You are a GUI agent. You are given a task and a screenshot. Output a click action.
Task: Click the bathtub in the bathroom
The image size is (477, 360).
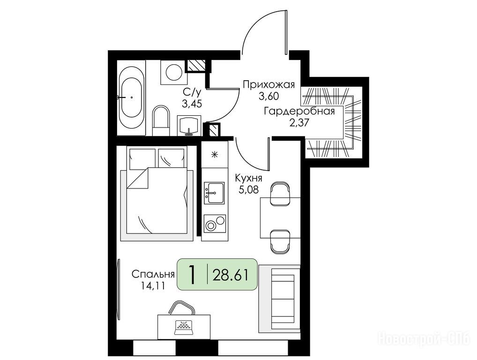click(131, 101)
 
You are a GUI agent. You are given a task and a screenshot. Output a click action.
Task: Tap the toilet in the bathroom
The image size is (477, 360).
click(161, 120)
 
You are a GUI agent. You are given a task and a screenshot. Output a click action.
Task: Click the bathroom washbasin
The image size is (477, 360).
click(189, 125)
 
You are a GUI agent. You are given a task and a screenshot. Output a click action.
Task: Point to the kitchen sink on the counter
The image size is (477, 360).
click(214, 193)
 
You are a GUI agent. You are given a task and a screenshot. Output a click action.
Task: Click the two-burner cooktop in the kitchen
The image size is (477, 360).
click(215, 224)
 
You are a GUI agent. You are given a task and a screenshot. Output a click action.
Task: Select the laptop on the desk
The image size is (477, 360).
click(184, 328)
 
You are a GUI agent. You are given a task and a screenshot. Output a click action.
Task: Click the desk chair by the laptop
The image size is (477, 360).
click(182, 307)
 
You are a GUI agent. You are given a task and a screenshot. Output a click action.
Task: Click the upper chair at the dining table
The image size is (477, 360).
click(281, 194)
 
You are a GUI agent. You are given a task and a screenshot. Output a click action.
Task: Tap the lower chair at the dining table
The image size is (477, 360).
click(281, 241)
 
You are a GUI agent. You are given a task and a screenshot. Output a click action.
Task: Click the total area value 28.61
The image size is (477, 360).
click(230, 275)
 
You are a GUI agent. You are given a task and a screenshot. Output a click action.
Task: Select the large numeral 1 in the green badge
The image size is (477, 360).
click(192, 274)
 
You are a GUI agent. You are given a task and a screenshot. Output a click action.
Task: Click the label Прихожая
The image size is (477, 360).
click(269, 84)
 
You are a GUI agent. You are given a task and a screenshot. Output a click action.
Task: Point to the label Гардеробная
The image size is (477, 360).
click(299, 112)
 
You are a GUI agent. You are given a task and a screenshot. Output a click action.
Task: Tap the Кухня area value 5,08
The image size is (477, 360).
click(249, 189)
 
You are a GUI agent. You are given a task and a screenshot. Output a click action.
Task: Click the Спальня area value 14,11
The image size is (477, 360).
click(153, 286)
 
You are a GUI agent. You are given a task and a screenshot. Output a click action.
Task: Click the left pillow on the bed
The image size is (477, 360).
click(142, 158)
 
